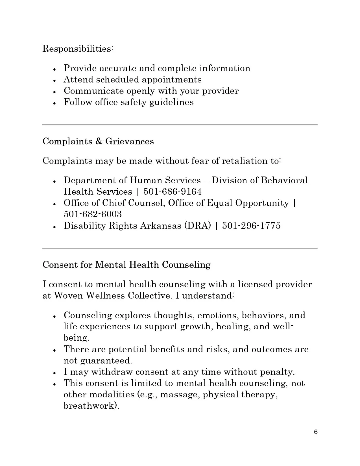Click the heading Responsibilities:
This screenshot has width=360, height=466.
(x=78, y=49)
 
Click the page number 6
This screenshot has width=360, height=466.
(x=316, y=432)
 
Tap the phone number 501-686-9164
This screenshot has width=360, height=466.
(x=173, y=191)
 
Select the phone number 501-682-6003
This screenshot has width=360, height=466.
(x=93, y=214)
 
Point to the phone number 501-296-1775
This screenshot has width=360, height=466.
(x=251, y=226)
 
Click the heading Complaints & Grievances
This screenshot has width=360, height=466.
(x=98, y=141)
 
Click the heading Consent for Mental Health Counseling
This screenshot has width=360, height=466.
(x=126, y=265)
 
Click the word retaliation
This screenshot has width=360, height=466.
(x=245, y=161)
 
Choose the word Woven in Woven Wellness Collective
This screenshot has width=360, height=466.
(x=69, y=296)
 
